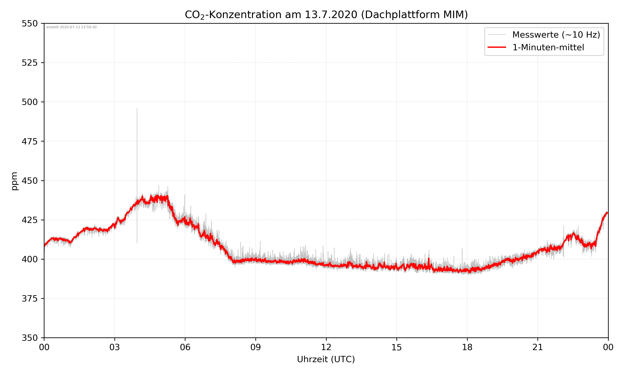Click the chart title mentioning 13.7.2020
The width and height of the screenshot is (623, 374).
click(x=326, y=15)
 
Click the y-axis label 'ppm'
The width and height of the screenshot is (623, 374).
click(x=14, y=181)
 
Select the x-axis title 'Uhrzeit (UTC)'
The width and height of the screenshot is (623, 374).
click(x=326, y=359)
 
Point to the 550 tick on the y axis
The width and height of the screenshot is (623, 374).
click(x=29, y=23)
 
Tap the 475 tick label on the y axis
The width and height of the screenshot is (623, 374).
click(x=29, y=141)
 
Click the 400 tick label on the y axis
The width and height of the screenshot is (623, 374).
click(x=29, y=259)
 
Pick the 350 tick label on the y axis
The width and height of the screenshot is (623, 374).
click(x=29, y=338)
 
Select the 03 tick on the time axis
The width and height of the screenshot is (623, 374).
click(x=115, y=347)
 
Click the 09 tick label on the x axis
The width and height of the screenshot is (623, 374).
click(x=256, y=347)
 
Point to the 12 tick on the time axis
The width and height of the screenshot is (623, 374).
click(x=326, y=347)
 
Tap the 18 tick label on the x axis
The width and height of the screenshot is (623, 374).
click(x=467, y=347)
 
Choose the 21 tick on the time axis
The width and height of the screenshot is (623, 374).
click(x=538, y=347)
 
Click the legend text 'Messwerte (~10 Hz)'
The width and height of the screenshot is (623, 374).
click(x=556, y=35)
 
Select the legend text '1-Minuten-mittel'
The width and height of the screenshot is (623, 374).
click(x=548, y=47)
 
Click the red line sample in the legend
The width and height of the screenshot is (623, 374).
click(x=497, y=47)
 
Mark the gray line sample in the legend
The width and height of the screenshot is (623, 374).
click(x=497, y=34)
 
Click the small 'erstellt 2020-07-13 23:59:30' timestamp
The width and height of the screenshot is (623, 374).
click(x=71, y=27)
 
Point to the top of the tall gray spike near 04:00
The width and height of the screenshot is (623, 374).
click(x=137, y=109)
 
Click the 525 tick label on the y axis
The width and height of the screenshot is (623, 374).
click(x=29, y=63)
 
